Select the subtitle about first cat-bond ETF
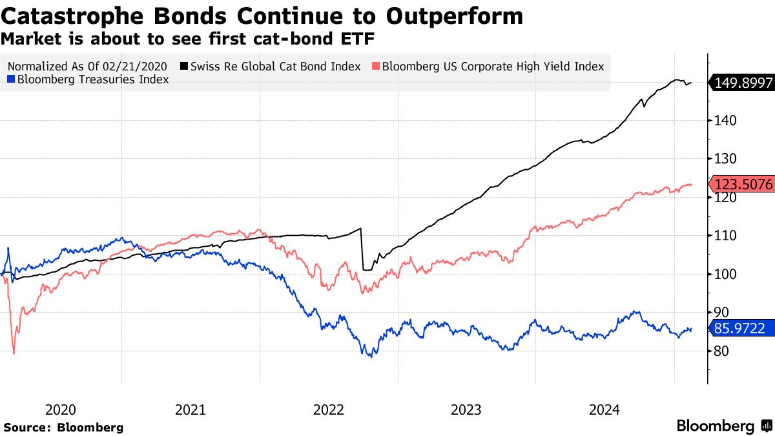click(188, 39)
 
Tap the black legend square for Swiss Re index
click(184, 66)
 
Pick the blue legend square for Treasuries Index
click(11, 79)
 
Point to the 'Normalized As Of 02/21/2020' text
click(87, 66)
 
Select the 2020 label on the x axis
click(61, 410)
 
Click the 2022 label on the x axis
click(329, 410)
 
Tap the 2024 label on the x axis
click(605, 410)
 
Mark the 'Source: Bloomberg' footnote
click(63, 427)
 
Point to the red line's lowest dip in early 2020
click(14, 352)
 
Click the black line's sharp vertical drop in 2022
click(362, 249)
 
